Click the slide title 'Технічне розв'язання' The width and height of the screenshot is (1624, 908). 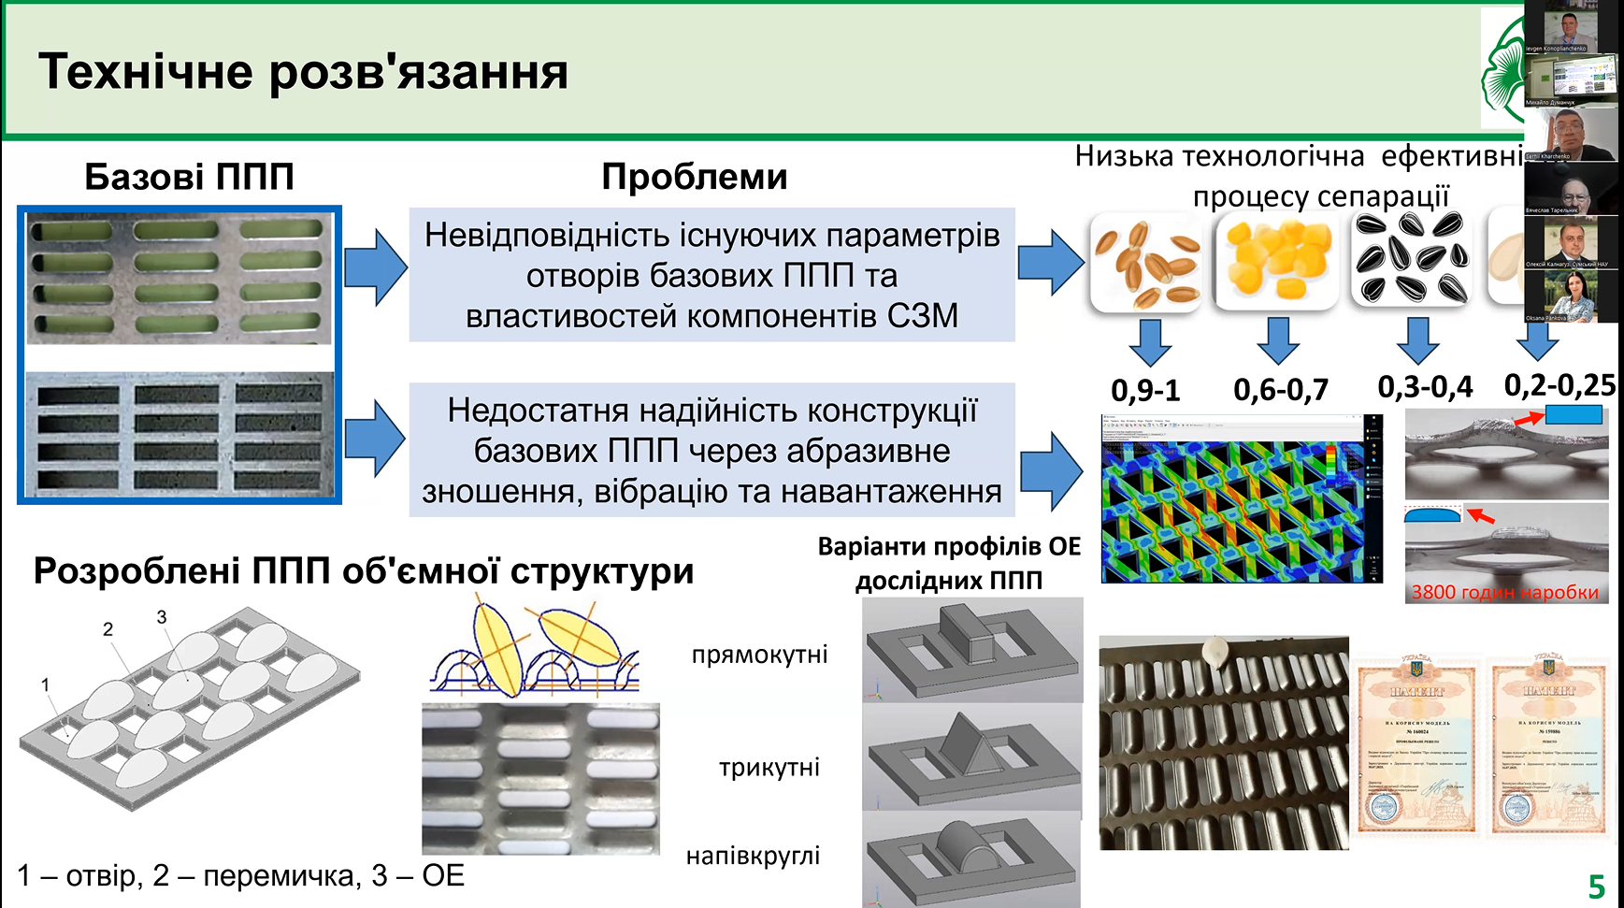click(303, 72)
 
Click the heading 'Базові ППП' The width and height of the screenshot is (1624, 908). click(189, 177)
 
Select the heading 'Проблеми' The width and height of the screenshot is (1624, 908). click(694, 177)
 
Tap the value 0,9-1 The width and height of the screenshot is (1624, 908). click(1145, 390)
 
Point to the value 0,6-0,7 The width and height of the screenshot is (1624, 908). click(1280, 390)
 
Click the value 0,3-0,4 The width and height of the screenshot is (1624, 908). click(1425, 387)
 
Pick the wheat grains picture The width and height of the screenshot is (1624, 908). click(1147, 263)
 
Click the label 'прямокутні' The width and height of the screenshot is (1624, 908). click(759, 655)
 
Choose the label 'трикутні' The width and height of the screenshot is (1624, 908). click(769, 768)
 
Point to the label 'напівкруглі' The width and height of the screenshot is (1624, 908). click(753, 856)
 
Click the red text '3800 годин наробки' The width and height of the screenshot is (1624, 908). click(1504, 592)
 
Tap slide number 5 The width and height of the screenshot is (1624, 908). click(1596, 886)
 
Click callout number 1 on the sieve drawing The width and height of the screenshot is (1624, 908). click(45, 685)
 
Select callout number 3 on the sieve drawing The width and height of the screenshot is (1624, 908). click(162, 617)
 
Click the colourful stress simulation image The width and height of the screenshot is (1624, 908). click(1241, 500)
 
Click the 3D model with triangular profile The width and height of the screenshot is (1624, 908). click(971, 756)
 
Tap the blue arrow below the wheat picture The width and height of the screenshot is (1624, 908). click(1150, 341)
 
